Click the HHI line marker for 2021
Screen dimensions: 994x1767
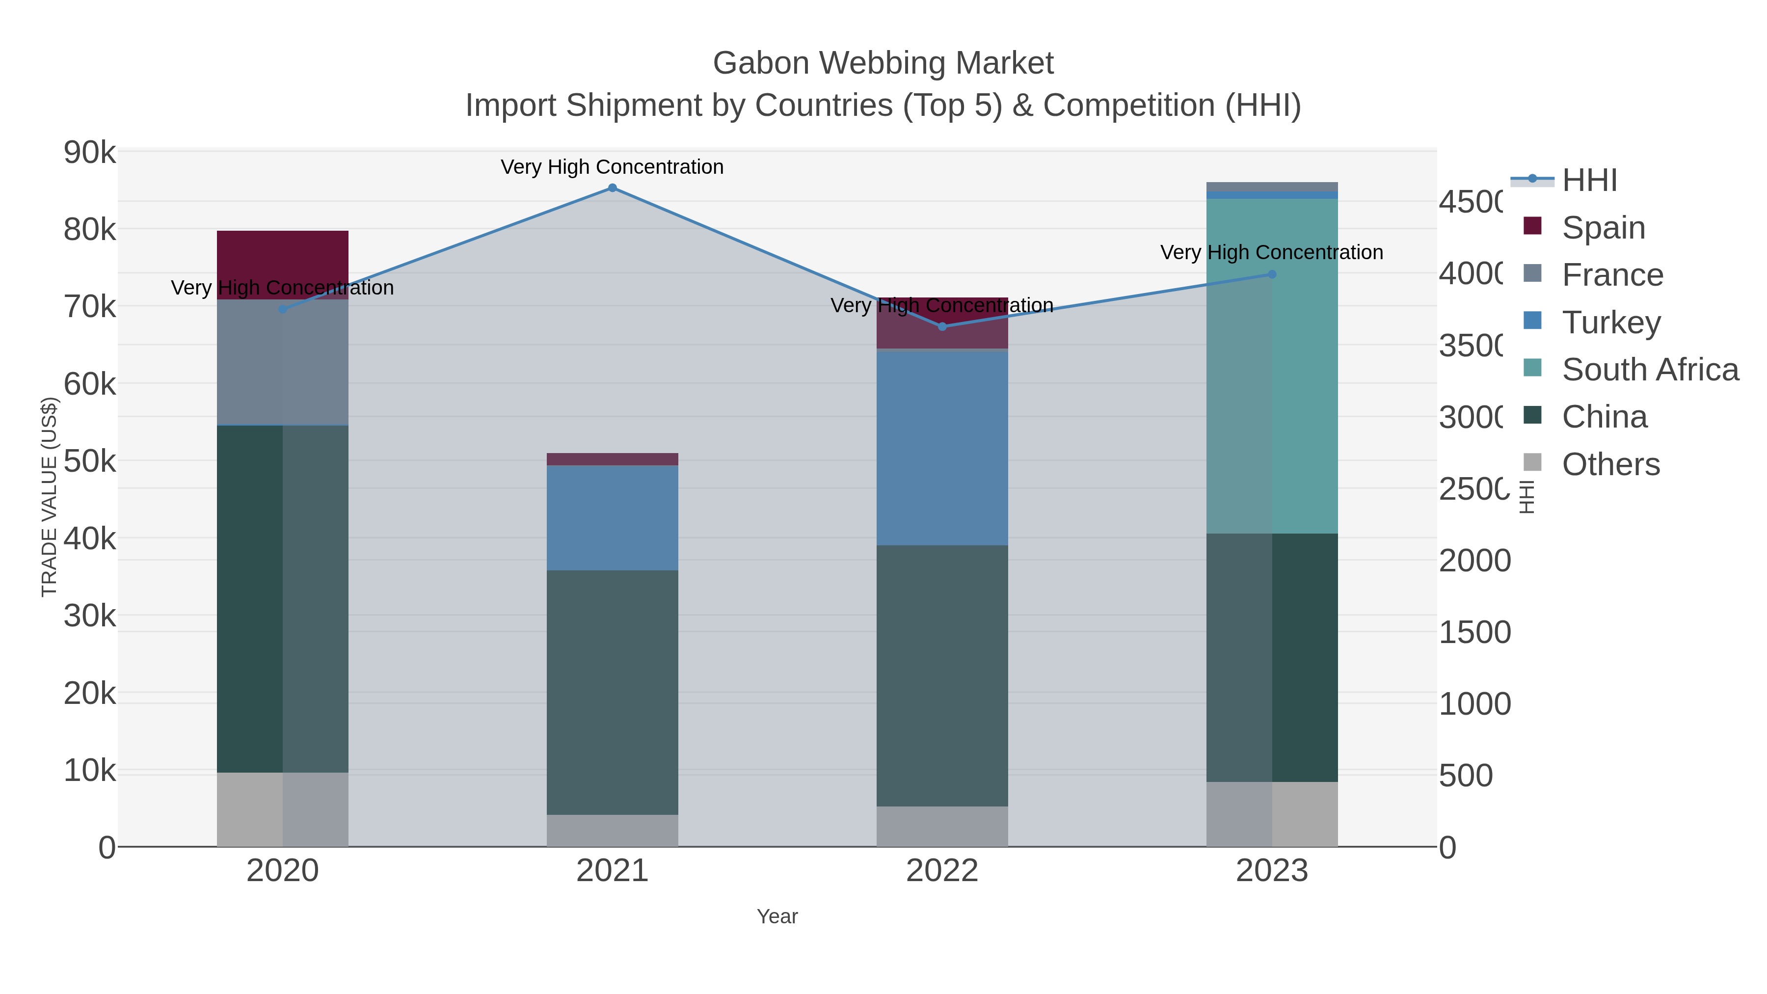[x=613, y=188]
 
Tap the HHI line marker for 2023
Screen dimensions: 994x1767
[x=1272, y=274]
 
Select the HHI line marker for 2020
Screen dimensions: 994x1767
[x=283, y=309]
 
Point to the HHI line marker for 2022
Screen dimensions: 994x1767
[x=942, y=326]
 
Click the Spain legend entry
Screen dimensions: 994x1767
[x=1603, y=228]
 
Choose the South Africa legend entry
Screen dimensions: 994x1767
[x=1650, y=370]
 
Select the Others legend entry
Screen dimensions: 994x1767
[x=1610, y=464]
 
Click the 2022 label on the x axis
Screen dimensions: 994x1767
[x=942, y=871]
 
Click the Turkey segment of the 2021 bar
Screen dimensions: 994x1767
[x=613, y=518]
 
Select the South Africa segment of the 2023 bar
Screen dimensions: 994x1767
[x=1272, y=366]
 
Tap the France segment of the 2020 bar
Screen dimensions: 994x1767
[x=283, y=362]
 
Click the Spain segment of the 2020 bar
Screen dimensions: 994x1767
[x=283, y=265]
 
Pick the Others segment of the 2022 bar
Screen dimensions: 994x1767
[x=942, y=827]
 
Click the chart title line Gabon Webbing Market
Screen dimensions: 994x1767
[x=883, y=63]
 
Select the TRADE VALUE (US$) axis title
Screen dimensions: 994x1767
[x=50, y=497]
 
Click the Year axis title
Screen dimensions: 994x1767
[x=777, y=916]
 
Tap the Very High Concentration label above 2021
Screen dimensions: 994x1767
[x=612, y=167]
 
